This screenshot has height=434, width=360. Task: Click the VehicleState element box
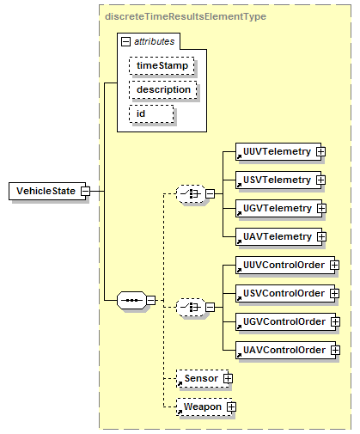(47, 191)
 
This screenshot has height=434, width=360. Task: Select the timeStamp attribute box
(162, 66)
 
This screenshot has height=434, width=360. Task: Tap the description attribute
(163, 90)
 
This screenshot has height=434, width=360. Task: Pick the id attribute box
(151, 114)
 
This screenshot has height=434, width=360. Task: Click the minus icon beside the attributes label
(125, 42)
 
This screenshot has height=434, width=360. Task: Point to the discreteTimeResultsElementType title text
(186, 16)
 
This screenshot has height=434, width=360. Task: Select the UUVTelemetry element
(278, 151)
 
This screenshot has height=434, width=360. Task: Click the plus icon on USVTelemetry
(320, 180)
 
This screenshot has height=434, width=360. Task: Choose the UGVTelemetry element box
(278, 208)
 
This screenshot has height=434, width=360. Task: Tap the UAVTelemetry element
(278, 236)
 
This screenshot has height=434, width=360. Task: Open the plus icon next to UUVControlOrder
(334, 265)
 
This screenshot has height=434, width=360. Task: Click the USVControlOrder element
(285, 293)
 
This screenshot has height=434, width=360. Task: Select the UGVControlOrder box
(285, 321)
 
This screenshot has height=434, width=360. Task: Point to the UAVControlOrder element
(285, 350)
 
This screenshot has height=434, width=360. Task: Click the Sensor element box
(202, 378)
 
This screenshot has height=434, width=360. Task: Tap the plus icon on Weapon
(231, 406)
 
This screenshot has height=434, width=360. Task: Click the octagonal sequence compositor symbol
(131, 300)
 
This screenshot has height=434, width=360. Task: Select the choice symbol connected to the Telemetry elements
(191, 194)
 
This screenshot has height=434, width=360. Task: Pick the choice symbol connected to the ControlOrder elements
(191, 308)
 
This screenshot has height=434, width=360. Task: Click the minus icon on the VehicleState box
(85, 191)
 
